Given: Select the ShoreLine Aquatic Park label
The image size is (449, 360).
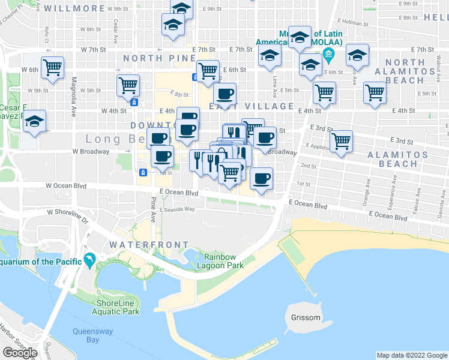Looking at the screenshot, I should pos(118,307).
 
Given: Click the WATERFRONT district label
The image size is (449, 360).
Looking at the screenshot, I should pos(149,245).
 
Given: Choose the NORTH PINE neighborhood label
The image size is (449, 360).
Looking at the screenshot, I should pos(160,58).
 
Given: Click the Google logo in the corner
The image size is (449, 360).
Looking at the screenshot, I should pos(20,353).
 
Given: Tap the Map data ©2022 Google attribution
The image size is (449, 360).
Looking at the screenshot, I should pos(412,355).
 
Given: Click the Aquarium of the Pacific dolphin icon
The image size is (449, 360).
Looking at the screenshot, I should pos(89,260).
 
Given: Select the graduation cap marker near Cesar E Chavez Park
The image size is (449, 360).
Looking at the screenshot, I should pos(35,122).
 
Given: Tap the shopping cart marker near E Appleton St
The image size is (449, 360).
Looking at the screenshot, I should pos(341,141).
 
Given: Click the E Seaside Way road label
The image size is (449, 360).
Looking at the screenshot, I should pos(177,209).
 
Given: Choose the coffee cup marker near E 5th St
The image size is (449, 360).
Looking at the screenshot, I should pos(224,94).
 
